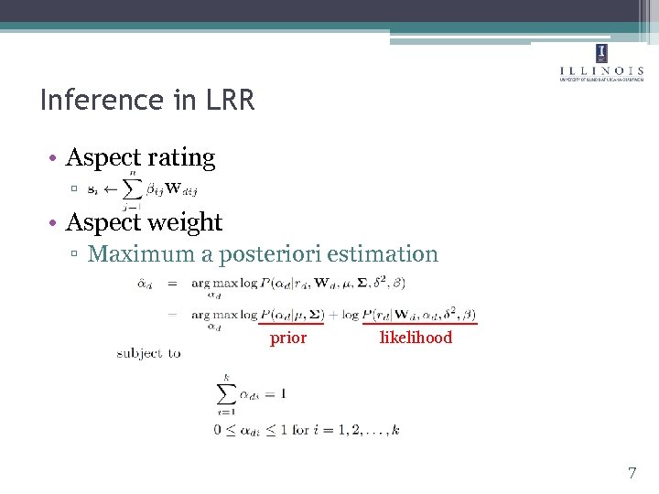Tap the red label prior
coord(288,338)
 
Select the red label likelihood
coord(416,338)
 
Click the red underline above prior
coord(291,323)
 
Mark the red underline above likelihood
coord(420,323)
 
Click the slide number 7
coord(632,473)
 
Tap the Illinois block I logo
coord(601,52)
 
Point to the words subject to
coord(148,353)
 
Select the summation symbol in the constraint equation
coord(225,393)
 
